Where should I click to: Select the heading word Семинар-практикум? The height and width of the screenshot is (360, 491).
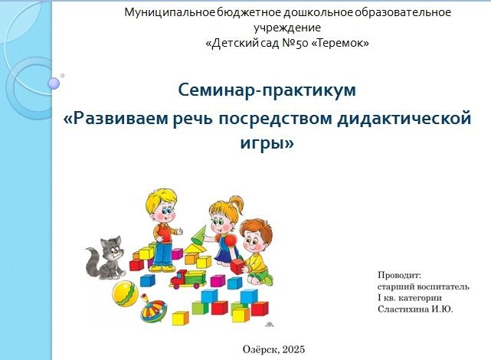click(267, 90)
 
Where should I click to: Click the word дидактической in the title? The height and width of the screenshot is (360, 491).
click(404, 119)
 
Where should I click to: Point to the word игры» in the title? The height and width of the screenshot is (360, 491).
click(267, 143)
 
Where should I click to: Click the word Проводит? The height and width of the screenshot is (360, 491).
click(400, 275)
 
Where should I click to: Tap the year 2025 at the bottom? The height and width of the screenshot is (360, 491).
click(293, 349)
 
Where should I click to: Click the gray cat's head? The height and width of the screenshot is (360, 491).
click(111, 247)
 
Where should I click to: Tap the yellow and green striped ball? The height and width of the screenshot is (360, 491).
click(125, 293)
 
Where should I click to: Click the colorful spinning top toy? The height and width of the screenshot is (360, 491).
click(152, 309)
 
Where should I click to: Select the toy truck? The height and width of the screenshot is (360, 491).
click(188, 279)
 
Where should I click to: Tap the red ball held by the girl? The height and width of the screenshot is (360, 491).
click(230, 241)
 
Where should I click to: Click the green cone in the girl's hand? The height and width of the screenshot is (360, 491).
click(198, 235)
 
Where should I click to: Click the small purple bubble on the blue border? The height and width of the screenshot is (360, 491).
click(54, 83)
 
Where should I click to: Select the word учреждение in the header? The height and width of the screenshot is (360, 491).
click(287, 28)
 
